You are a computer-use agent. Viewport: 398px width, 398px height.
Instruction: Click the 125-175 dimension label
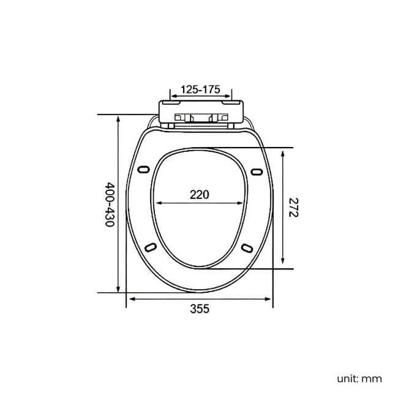(201, 89)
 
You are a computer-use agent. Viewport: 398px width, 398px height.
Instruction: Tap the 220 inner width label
(199, 195)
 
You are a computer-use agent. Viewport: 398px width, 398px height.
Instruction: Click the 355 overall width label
(199, 309)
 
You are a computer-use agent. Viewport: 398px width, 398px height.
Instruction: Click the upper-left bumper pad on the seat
(145, 170)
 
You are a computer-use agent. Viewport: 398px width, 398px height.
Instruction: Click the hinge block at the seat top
(201, 113)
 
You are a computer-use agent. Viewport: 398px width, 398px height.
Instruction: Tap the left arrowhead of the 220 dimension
(159, 203)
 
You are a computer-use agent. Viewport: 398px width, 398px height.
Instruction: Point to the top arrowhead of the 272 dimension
(282, 151)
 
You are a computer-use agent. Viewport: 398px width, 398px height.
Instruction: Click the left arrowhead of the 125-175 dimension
(173, 96)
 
